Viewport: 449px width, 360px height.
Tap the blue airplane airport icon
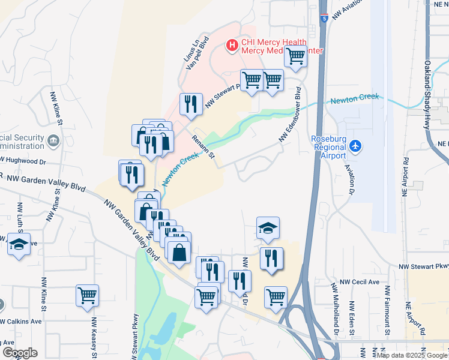[x=356, y=146]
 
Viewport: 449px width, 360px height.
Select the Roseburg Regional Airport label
[x=328, y=147]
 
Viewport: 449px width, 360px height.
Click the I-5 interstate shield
[x=324, y=19]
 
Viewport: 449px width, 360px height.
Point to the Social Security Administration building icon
[x=53, y=140]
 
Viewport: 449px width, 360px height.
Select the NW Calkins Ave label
[x=21, y=321]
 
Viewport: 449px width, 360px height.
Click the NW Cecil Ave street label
[x=360, y=281]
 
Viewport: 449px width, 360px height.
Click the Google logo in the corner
[x=19, y=353]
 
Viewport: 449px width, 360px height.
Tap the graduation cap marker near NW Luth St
[x=19, y=244]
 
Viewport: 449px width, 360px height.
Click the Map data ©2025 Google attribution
[x=412, y=355]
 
